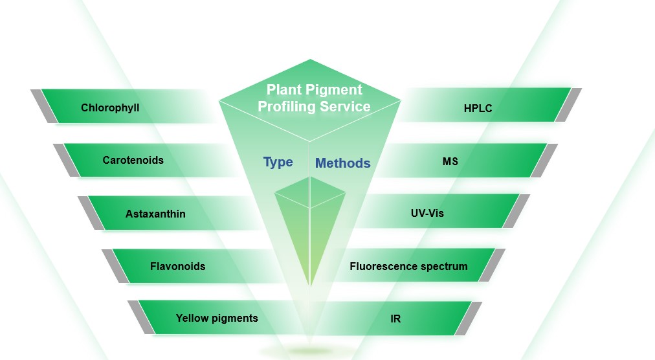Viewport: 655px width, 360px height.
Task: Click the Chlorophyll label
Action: (110, 107)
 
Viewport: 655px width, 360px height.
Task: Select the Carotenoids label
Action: (133, 160)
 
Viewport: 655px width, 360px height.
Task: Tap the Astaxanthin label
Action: (155, 213)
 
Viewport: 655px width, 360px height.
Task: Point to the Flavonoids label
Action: (177, 265)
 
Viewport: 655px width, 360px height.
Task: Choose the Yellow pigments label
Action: (217, 318)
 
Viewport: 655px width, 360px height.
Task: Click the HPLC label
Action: (478, 108)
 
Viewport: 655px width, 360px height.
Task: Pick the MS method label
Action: (450, 161)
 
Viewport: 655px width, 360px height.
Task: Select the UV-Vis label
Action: (427, 212)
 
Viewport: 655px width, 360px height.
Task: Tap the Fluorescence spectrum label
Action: (408, 265)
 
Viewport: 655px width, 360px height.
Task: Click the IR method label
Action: (395, 319)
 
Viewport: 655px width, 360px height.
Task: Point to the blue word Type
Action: (278, 162)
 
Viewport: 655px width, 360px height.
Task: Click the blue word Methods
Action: (342, 163)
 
